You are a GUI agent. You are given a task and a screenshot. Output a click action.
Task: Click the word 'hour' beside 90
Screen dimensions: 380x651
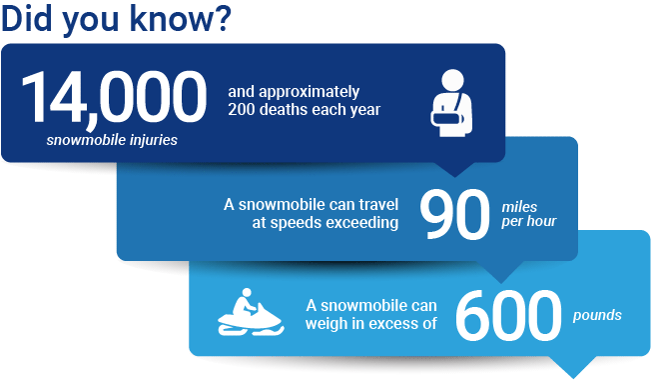coord(540,222)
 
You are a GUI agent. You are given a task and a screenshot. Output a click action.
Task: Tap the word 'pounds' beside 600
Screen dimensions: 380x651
coord(598,315)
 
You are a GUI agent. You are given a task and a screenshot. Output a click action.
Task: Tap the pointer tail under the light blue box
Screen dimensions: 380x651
coord(578,365)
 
